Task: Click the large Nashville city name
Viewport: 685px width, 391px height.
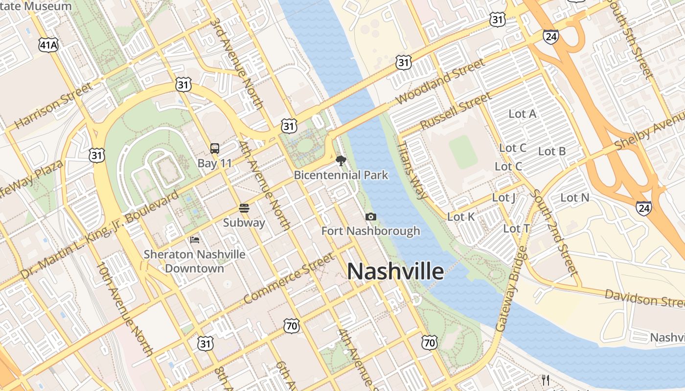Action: (395, 272)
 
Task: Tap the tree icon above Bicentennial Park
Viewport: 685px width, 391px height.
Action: (341, 160)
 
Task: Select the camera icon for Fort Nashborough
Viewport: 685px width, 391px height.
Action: (371, 217)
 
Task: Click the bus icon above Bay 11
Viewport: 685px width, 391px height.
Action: (214, 149)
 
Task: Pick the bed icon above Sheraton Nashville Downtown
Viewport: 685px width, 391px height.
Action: (195, 240)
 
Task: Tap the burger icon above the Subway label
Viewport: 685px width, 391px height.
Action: (244, 208)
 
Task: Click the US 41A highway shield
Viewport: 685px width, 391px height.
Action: (48, 45)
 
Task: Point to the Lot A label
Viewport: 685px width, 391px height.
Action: (523, 114)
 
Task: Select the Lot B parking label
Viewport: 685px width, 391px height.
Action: (552, 152)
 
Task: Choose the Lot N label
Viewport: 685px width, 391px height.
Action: (575, 198)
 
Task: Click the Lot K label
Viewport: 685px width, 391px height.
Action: (461, 217)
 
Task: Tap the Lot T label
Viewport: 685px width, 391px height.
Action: (516, 228)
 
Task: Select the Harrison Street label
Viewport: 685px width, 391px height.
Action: (54, 106)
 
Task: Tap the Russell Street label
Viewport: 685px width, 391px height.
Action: (455, 111)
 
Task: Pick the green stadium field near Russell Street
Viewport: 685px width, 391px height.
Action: (462, 152)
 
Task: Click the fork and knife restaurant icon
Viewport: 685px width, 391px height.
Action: (546, 380)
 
